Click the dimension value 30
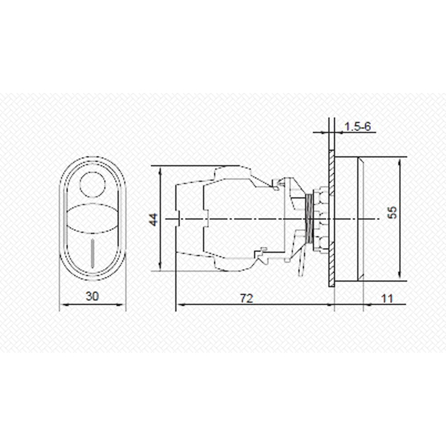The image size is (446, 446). pos(92,297)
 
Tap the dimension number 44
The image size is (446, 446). pos(154,219)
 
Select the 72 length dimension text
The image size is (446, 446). pos(246,298)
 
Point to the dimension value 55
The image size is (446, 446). pos(392,212)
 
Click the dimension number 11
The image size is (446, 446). pos(387,299)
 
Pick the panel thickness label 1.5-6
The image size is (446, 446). pos(358,127)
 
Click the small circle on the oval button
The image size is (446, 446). pos(93,185)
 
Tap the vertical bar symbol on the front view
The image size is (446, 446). pos(92,254)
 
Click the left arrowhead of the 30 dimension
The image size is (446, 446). pos(65,304)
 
